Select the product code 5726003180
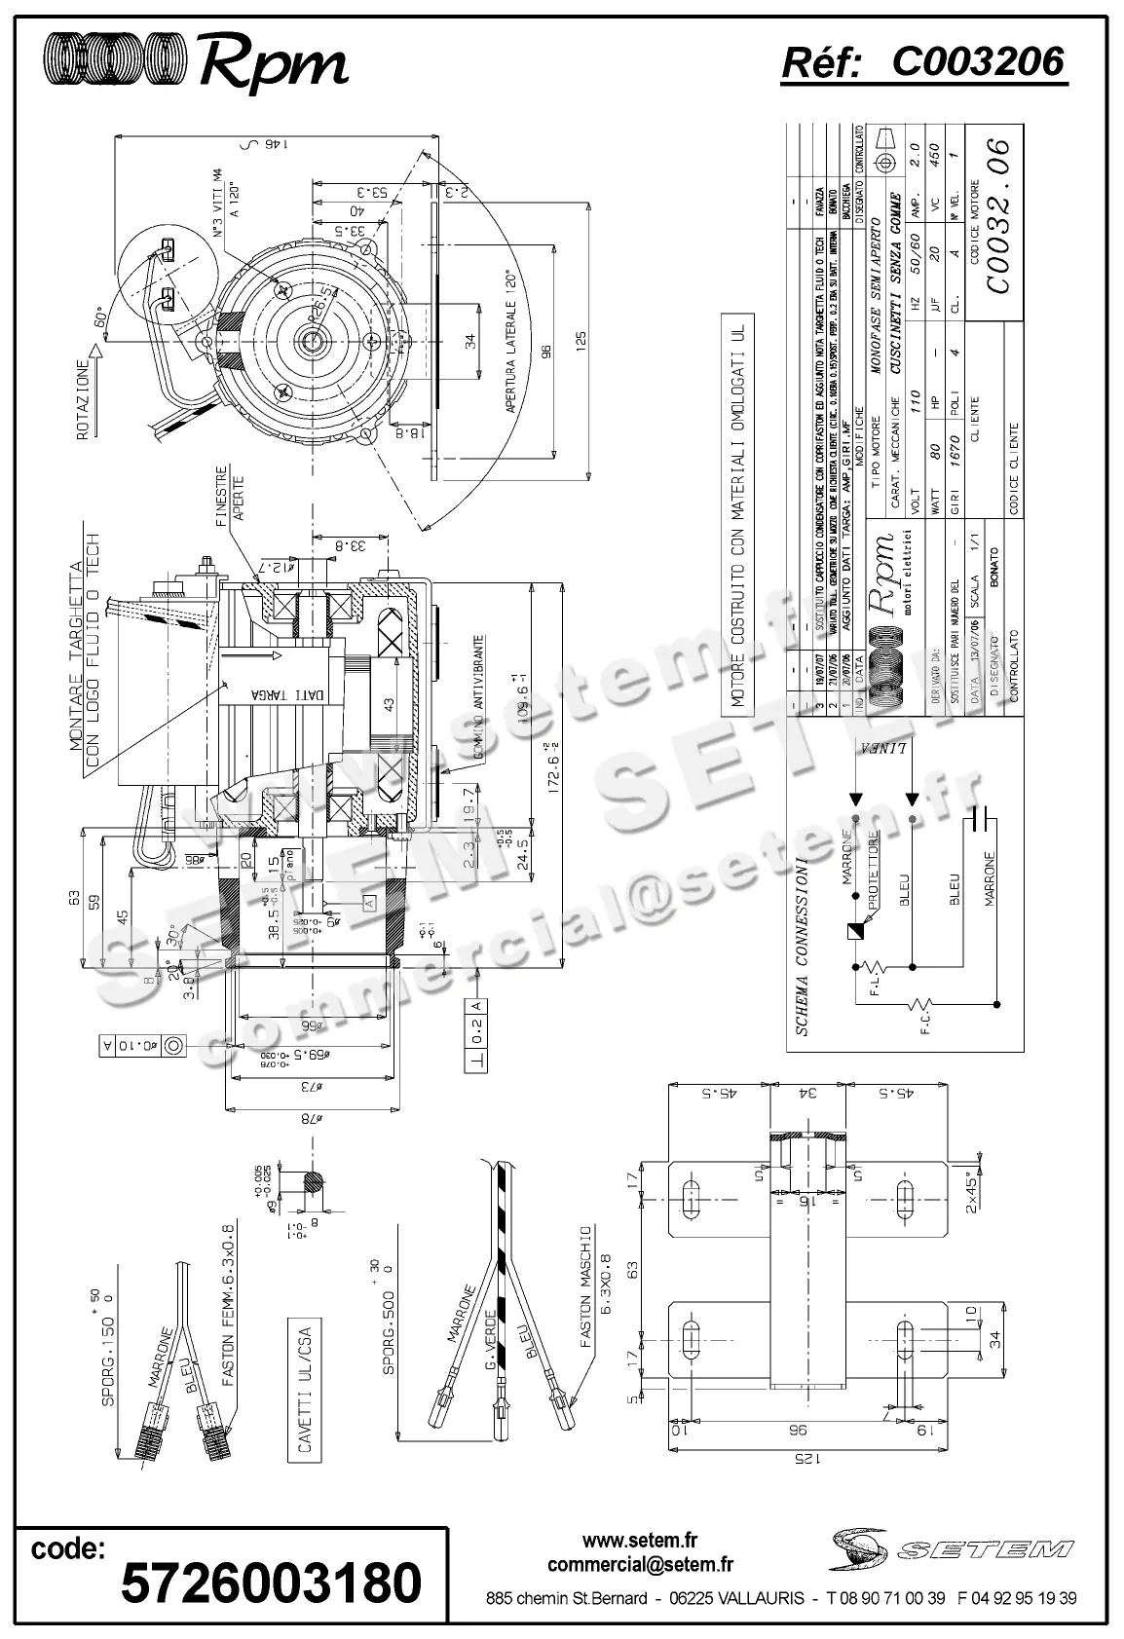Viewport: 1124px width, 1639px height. (271, 1582)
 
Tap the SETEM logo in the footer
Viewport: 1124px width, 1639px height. (952, 1547)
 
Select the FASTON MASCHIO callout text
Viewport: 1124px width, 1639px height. (595, 1285)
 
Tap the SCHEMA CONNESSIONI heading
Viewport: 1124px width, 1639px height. (802, 946)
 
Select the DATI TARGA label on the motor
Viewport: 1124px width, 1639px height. (280, 693)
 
